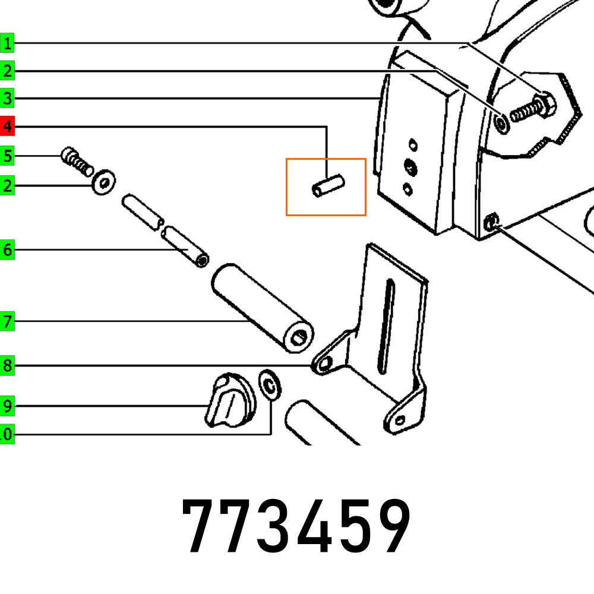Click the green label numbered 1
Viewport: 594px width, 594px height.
7,43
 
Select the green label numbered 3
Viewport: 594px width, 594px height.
7,99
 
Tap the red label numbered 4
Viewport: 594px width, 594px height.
7,127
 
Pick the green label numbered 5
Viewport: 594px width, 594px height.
7,157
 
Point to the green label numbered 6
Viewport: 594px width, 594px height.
7,250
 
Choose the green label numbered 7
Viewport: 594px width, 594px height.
7,323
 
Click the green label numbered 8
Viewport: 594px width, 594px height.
7,366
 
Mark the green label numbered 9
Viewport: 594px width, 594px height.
7,407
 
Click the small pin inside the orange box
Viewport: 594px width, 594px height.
328,185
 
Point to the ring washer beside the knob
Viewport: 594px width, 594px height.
271,386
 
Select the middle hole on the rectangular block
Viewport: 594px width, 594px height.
410,166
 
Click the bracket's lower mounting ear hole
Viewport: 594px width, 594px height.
400,421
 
